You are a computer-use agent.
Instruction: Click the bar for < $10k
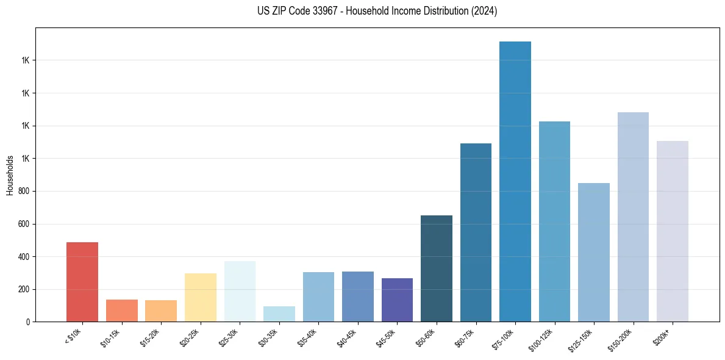coord(82,282)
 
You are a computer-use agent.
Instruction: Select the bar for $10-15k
coord(121,311)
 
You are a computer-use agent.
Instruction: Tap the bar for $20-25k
coord(200,297)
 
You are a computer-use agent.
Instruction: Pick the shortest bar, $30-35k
coord(279,314)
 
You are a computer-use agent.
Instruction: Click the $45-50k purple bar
coord(397,300)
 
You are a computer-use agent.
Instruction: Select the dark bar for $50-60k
coord(437,268)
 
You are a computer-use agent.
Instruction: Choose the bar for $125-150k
coord(594,252)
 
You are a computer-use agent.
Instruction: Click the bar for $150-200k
coord(633,217)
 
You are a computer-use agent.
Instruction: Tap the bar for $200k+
coord(673,231)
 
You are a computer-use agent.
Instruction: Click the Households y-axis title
coord(10,175)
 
